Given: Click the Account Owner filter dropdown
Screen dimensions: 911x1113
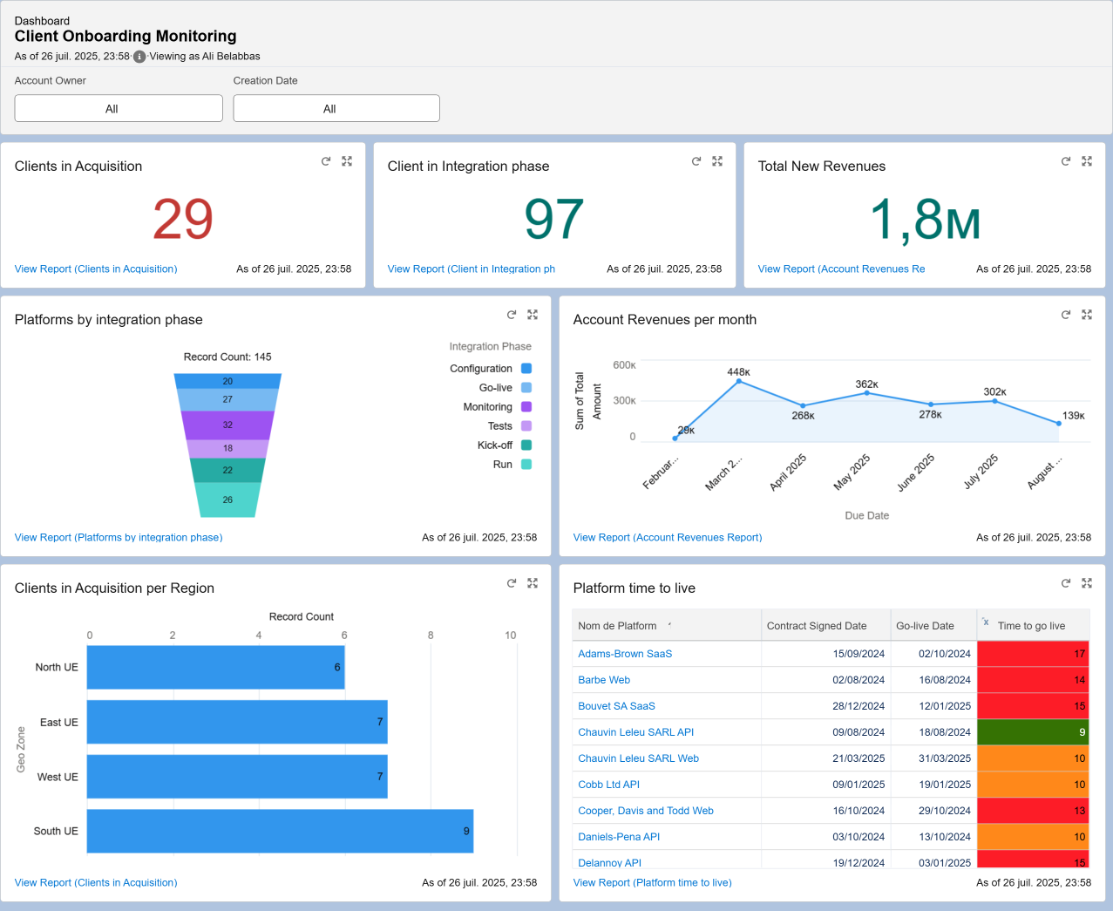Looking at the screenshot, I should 119,109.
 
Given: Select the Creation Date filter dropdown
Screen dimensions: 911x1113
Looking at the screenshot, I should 336,109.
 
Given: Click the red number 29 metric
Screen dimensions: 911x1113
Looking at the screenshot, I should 183,219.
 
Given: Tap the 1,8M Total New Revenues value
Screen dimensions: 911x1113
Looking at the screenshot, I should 925,219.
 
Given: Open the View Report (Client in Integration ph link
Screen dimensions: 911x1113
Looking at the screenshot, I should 471,269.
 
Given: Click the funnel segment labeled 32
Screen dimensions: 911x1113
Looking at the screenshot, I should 227,425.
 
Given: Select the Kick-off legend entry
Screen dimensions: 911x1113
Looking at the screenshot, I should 494,445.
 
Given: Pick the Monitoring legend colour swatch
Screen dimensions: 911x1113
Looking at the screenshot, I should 526,407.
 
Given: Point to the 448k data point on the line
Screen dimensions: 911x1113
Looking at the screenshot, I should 738,382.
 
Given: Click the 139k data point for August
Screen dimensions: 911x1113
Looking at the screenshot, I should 1059,424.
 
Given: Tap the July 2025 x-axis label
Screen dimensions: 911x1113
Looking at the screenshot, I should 981,472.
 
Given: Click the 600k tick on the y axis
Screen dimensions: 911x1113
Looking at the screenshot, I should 624,365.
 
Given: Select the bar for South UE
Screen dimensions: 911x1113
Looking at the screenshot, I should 280,831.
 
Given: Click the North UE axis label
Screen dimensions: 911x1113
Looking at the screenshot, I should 57,668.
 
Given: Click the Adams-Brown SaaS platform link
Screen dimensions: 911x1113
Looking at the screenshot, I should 625,654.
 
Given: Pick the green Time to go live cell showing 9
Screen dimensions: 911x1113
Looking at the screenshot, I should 1033,732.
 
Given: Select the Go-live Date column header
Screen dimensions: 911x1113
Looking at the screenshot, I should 925,626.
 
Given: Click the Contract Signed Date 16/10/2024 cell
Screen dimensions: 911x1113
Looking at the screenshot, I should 858,811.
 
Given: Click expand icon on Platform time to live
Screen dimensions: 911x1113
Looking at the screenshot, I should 1087,583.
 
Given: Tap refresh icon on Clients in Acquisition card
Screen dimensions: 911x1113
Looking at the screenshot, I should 326,161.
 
